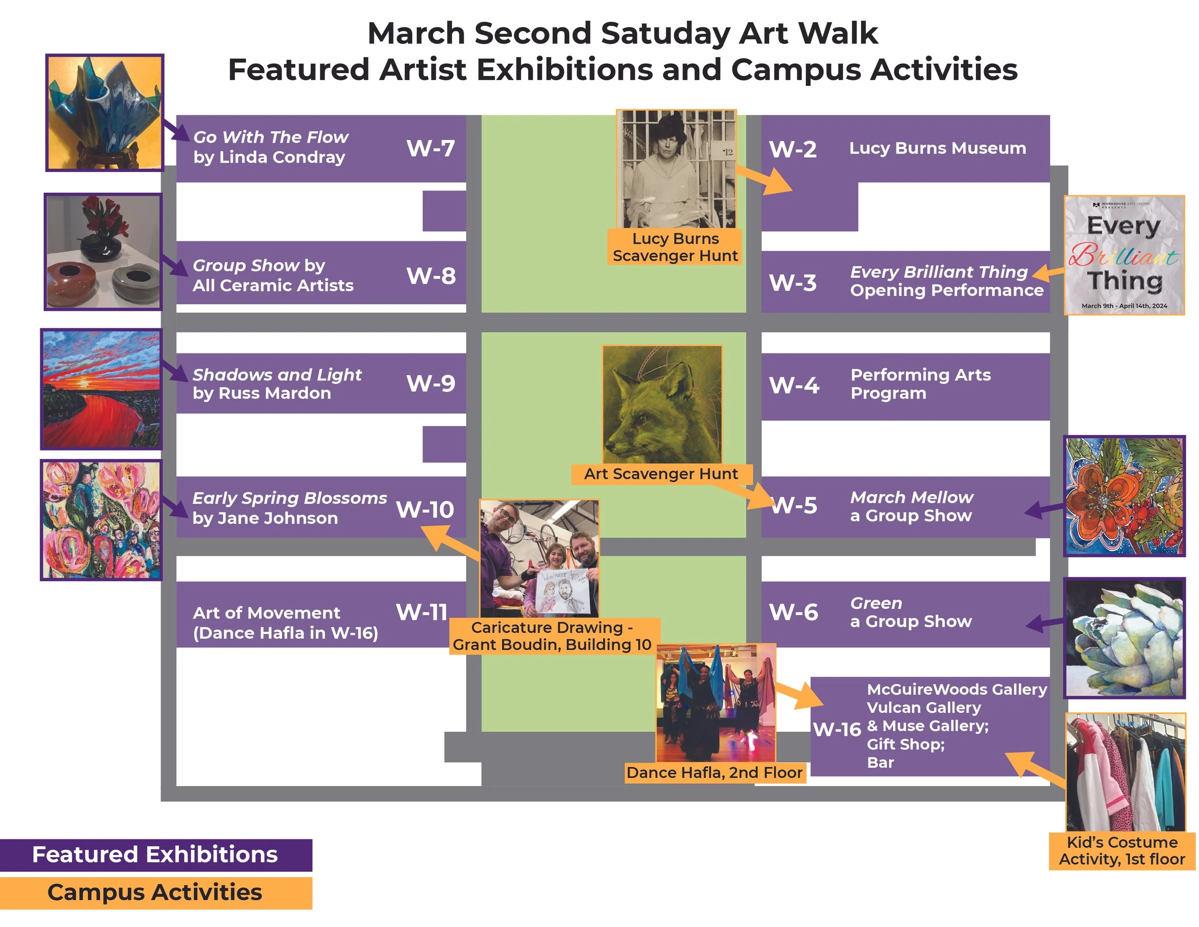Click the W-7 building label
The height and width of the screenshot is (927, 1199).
[430, 148]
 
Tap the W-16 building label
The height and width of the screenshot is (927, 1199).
[837, 729]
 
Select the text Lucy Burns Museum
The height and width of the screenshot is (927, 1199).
[937, 148]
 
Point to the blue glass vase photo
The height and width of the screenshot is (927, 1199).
[104, 113]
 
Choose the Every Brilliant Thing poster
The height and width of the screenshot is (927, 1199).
[1124, 255]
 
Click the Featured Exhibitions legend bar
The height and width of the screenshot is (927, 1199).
[155, 855]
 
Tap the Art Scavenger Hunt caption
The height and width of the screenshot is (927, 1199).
[660, 474]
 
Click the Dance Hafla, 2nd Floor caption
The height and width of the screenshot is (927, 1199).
[714, 772]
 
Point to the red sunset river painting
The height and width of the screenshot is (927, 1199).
[102, 389]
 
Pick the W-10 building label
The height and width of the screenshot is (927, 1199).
[425, 510]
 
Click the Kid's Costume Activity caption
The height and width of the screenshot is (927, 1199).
[1122, 851]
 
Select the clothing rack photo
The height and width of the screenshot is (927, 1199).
[1124, 772]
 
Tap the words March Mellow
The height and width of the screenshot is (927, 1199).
[911, 498]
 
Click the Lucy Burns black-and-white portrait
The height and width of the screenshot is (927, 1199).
[676, 169]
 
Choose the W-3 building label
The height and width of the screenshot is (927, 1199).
[792, 283]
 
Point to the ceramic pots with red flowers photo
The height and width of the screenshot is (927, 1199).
[103, 251]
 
